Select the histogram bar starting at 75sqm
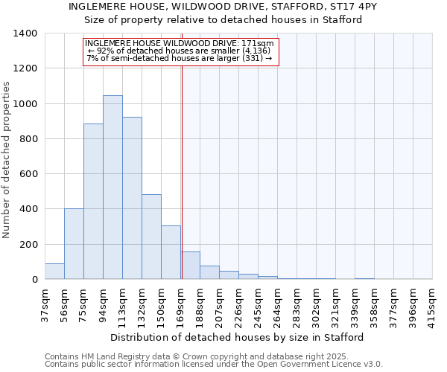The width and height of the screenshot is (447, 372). click(93, 202)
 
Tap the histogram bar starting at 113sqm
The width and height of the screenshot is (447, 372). click(132, 198)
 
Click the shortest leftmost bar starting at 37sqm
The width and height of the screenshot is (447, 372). click(54, 272)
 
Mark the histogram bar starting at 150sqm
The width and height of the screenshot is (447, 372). click(171, 252)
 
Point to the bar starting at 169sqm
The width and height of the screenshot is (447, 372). click(190, 266)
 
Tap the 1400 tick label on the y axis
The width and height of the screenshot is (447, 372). click(25, 33)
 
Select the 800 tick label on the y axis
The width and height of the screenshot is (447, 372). click(28, 139)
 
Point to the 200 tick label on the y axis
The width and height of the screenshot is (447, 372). click(28, 245)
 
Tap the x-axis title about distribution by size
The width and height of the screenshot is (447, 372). click(238, 337)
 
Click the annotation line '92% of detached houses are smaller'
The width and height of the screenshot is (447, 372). click(179, 51)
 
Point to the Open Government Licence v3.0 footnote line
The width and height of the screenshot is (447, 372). click(213, 365)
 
